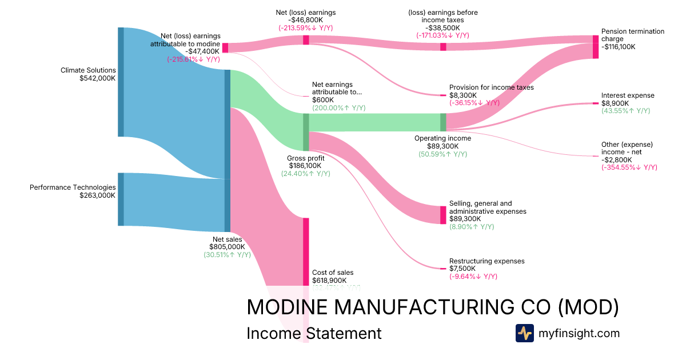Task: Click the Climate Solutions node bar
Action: [x=121, y=82]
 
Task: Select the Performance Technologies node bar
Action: [x=121, y=199]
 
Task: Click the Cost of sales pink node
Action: [x=306, y=251]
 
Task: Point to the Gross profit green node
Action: [x=306, y=132]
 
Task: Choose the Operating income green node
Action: [x=443, y=122]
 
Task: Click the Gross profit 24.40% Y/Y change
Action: [x=305, y=174]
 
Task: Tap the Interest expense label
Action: [x=628, y=95]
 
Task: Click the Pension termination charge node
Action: [x=595, y=46]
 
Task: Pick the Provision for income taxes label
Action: [x=491, y=87]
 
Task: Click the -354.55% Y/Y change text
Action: [x=629, y=167]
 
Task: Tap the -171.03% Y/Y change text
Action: [x=443, y=35]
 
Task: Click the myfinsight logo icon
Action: [x=524, y=333]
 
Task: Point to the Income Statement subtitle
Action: [x=314, y=333]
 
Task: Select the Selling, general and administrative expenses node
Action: [x=443, y=215]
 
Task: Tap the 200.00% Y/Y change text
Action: [x=338, y=107]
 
